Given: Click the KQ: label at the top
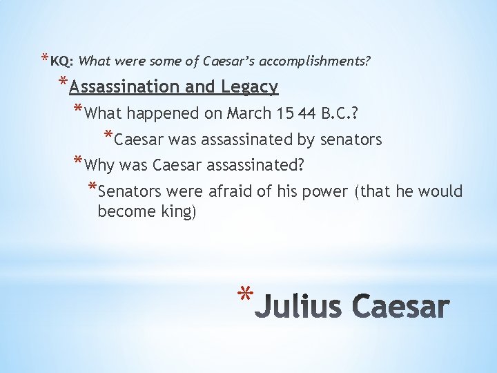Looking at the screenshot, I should click(62, 61).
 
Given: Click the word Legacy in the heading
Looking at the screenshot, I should click(249, 87).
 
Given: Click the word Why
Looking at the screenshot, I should click(101, 166).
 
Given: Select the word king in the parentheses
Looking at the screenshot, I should click(178, 211).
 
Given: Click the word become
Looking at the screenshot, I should click(125, 211).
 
